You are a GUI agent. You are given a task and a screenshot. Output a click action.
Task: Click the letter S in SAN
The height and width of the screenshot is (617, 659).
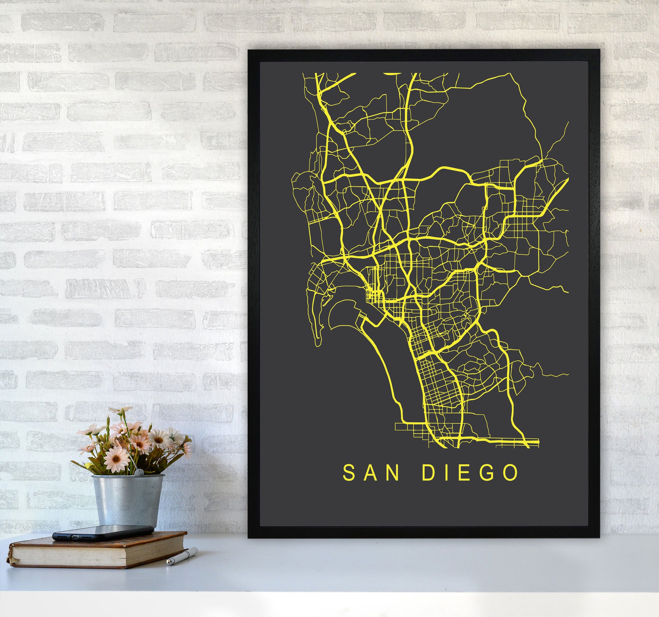tap(349, 473)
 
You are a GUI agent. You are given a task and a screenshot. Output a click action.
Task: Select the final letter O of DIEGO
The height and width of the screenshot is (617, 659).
tap(511, 473)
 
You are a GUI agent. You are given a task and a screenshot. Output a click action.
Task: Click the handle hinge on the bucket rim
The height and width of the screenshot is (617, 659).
tap(139, 472)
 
